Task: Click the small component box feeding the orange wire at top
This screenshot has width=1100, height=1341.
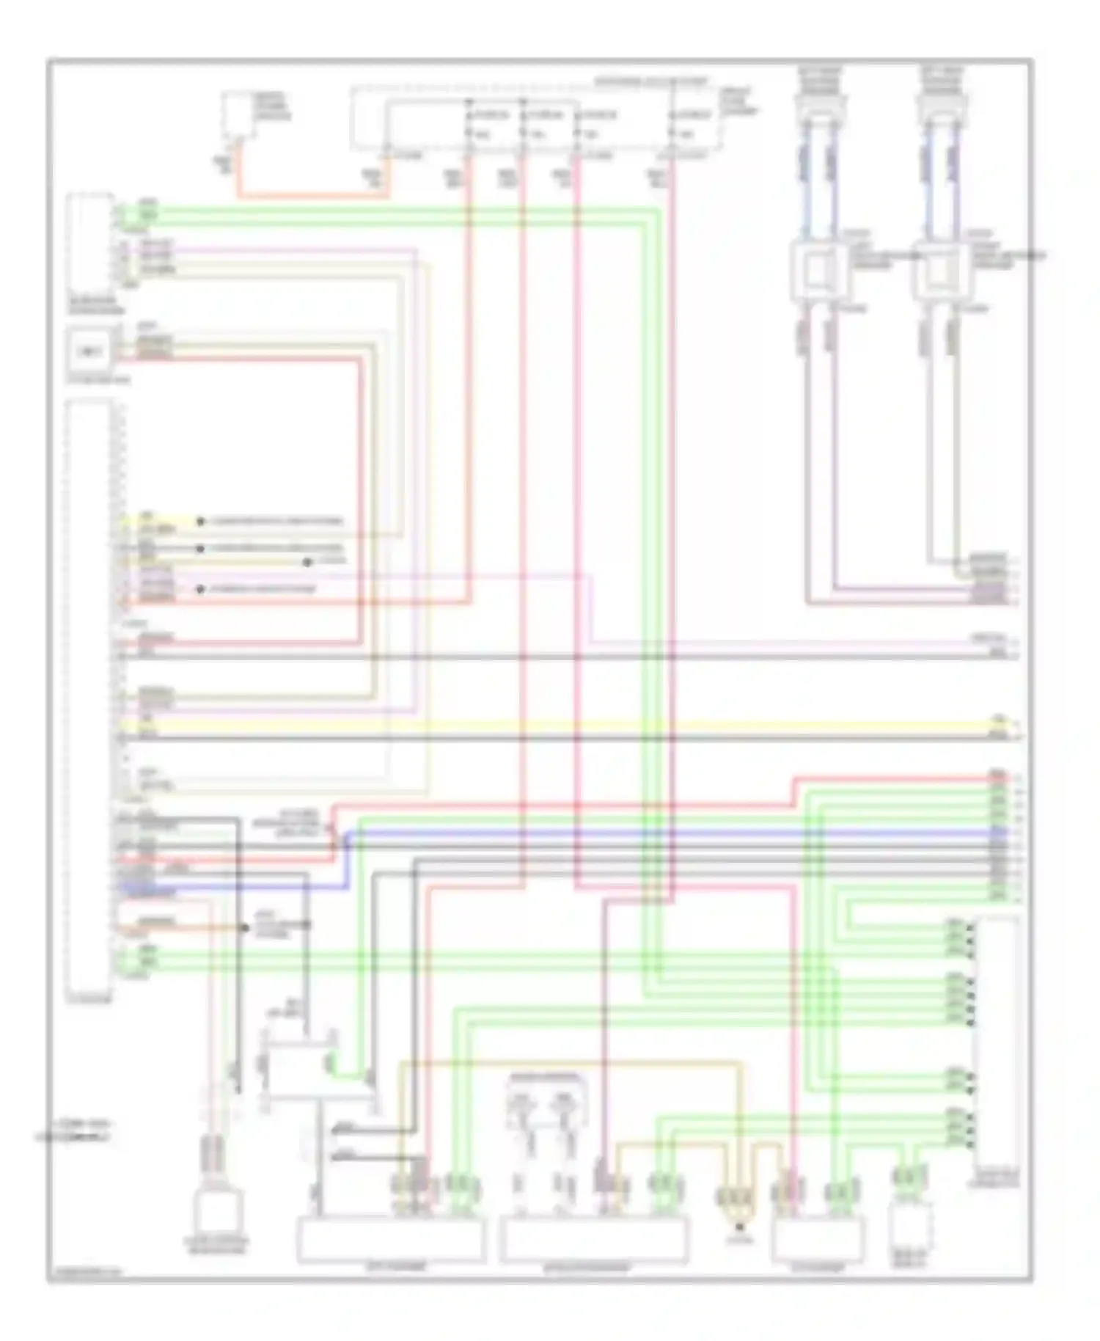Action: (x=238, y=114)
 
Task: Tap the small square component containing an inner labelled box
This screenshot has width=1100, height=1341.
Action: (x=89, y=352)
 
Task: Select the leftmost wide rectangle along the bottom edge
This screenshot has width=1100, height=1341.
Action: (x=390, y=1238)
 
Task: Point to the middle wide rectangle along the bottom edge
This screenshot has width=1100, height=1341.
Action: (x=594, y=1238)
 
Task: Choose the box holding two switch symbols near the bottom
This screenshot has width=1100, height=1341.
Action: (x=545, y=1100)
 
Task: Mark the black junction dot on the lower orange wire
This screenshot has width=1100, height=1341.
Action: (x=245, y=927)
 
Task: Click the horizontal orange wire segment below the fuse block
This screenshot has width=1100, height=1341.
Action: (x=308, y=195)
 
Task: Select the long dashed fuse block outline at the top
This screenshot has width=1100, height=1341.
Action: (x=535, y=117)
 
